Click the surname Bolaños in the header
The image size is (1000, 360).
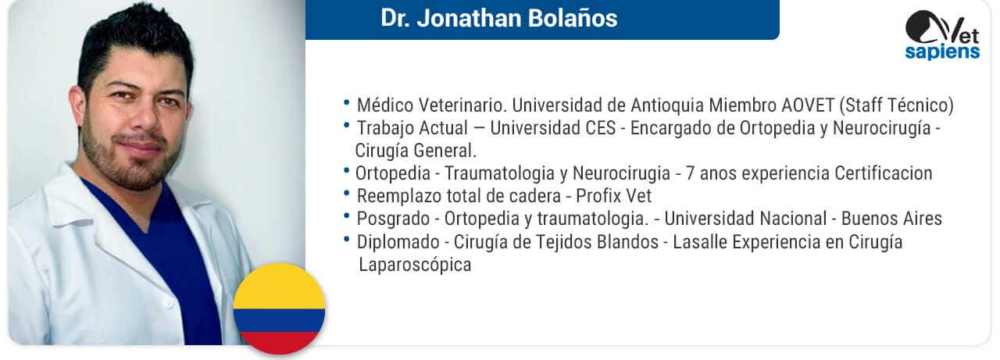pyautogui.click(x=573, y=18)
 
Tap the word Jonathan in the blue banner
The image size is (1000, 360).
pyautogui.click(x=470, y=19)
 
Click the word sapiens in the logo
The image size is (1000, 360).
pyautogui.click(x=942, y=52)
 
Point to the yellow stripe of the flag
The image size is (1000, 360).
pyautogui.click(x=280, y=287)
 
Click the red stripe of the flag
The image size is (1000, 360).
pyautogui.click(x=280, y=343)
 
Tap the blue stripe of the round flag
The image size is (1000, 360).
pyautogui.click(x=280, y=321)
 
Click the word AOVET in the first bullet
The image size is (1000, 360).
pyautogui.click(x=808, y=105)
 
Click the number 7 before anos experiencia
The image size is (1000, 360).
pyautogui.click(x=690, y=173)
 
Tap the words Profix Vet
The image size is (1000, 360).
pyautogui.click(x=614, y=196)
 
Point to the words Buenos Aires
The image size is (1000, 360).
pyautogui.click(x=891, y=219)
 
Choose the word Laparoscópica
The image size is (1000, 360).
pyautogui.click(x=415, y=265)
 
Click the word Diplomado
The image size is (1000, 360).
pyautogui.click(x=398, y=242)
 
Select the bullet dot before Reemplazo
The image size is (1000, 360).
pyautogui.click(x=346, y=194)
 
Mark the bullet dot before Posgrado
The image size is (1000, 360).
pyautogui.click(x=346, y=216)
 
